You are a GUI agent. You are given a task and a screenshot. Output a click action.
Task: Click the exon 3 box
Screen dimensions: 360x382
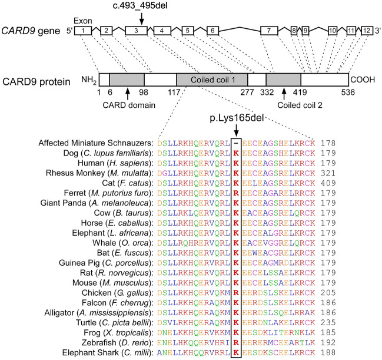point(136,30)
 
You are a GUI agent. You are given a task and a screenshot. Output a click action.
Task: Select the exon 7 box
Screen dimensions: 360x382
point(268,30)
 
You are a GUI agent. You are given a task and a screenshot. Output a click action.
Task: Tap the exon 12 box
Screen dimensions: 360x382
point(366,30)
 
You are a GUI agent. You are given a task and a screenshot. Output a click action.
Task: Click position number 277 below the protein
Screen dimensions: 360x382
point(247,93)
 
